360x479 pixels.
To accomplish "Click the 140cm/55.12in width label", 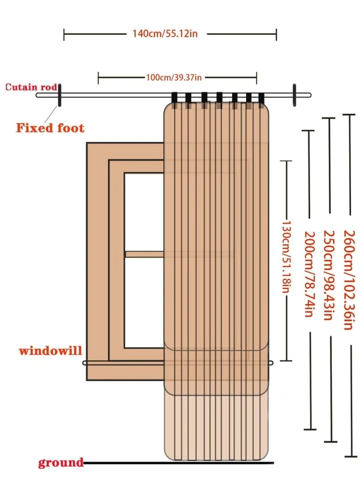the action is (x=165, y=34).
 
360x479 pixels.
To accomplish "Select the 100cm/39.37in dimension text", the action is (x=174, y=77).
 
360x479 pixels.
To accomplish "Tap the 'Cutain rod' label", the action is (x=31, y=87).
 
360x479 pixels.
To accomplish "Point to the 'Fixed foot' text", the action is (x=50, y=128).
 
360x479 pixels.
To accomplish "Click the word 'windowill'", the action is (x=50, y=350).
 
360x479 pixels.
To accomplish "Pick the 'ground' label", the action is (x=61, y=462).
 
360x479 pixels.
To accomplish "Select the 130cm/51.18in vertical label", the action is (x=286, y=257).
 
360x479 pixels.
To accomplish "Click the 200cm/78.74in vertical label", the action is (x=309, y=274).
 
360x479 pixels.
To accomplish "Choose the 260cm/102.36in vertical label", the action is (x=349, y=280).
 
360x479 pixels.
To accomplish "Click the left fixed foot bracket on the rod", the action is (x=59, y=95).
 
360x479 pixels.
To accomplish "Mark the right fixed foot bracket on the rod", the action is (x=294, y=95).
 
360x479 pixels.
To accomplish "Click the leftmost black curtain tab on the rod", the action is (x=175, y=100).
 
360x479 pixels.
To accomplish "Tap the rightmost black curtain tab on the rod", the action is (x=261, y=100).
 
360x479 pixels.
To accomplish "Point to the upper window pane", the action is (x=144, y=212).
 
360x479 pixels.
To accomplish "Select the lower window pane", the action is (x=144, y=302).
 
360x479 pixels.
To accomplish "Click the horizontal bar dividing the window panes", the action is (x=145, y=254).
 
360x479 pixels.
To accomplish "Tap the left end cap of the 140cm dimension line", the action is (x=64, y=35).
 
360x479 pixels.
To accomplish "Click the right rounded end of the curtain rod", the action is (x=309, y=95).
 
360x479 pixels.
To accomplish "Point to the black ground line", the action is (x=178, y=463).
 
